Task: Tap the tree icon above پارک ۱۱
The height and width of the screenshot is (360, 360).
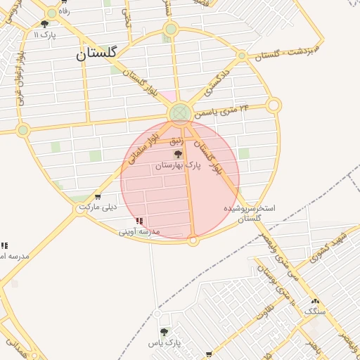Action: coord(44,24)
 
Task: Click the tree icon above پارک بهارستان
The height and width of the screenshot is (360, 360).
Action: coord(178,154)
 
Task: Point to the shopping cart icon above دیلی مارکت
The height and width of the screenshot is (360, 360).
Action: coord(97,197)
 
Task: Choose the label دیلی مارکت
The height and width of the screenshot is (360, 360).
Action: coord(98,207)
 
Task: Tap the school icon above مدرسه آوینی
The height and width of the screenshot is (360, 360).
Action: coord(139,221)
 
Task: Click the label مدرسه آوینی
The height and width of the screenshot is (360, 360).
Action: coord(139,231)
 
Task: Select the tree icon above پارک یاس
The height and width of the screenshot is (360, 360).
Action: coord(165,332)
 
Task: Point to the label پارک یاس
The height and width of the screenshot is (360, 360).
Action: coord(165,343)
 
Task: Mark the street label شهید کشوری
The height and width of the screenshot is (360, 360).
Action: coord(327,245)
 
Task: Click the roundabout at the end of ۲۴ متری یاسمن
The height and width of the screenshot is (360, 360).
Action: coord(274,105)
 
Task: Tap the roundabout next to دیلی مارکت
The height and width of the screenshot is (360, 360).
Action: coord(80,209)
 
